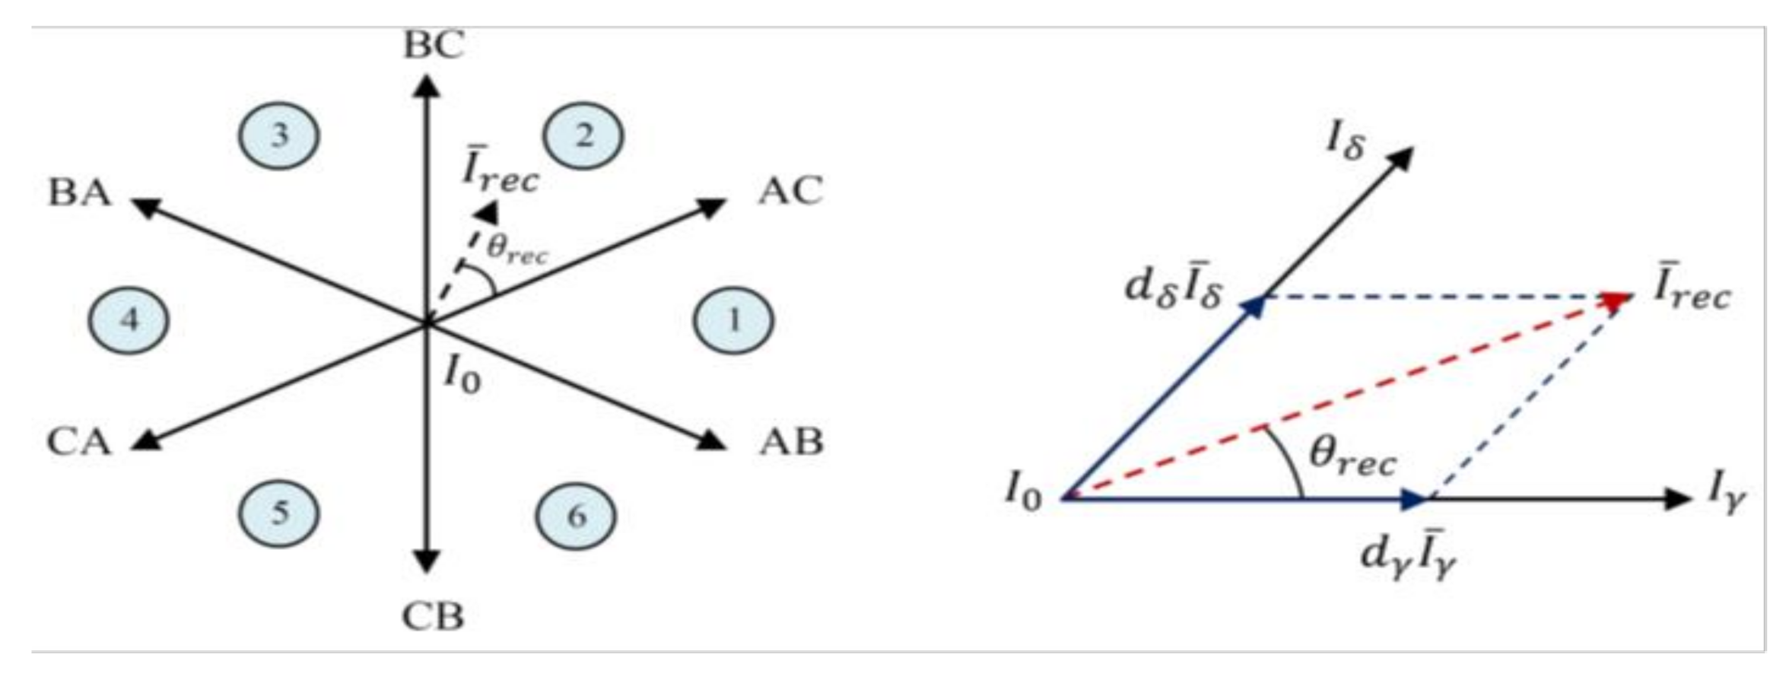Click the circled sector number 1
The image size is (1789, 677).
click(x=733, y=320)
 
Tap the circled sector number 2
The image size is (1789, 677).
click(x=583, y=136)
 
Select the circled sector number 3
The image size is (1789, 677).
click(x=279, y=136)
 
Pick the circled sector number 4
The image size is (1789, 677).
click(x=129, y=320)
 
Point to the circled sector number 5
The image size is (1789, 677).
click(x=279, y=513)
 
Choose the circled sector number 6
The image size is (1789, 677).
click(x=577, y=516)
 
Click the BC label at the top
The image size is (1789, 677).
click(x=433, y=46)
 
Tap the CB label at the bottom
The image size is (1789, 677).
click(x=432, y=617)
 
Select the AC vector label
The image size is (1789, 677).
click(x=790, y=191)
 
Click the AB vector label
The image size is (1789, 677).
click(x=791, y=442)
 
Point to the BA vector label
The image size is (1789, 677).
click(x=80, y=192)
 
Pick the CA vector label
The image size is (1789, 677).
click(x=79, y=442)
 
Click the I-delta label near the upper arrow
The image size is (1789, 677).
click(x=1345, y=142)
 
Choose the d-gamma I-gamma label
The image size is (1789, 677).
click(x=1408, y=559)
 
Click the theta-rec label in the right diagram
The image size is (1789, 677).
click(x=1352, y=458)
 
